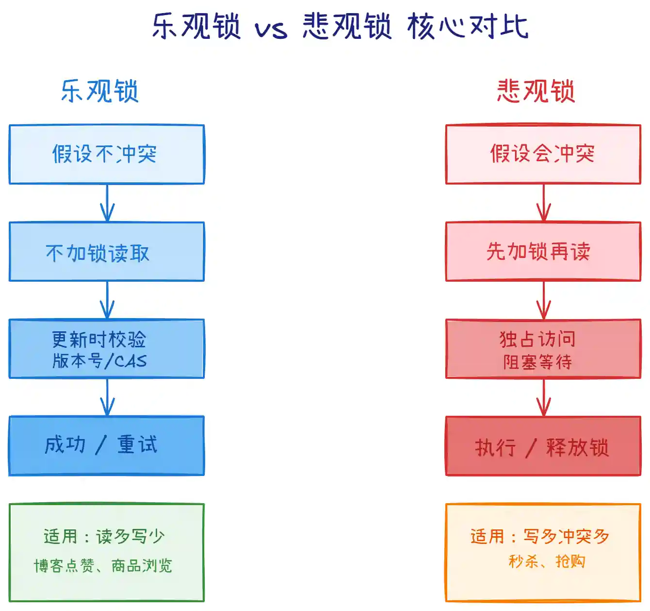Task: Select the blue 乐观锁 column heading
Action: click(x=100, y=91)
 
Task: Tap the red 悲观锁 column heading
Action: click(x=536, y=91)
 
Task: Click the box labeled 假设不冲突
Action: click(x=107, y=154)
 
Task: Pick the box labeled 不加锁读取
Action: click(x=107, y=252)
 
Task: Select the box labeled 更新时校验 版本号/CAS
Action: click(x=107, y=349)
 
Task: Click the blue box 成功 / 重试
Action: click(x=107, y=445)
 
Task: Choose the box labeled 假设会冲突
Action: click(x=543, y=154)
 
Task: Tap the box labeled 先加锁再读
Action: click(x=543, y=252)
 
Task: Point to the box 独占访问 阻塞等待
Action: click(x=543, y=349)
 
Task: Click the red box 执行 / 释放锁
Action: click(x=543, y=446)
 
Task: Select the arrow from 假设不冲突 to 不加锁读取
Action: click(x=107, y=203)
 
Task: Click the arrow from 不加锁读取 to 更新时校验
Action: click(x=107, y=300)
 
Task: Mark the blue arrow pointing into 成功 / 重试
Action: click(x=107, y=397)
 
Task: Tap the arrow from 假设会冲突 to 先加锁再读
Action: click(x=544, y=203)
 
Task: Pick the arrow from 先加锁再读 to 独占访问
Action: click(x=544, y=300)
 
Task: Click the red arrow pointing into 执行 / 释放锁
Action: click(x=544, y=397)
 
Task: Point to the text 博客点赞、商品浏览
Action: click(x=103, y=566)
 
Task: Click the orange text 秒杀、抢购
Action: click(x=547, y=561)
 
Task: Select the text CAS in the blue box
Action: click(x=130, y=361)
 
